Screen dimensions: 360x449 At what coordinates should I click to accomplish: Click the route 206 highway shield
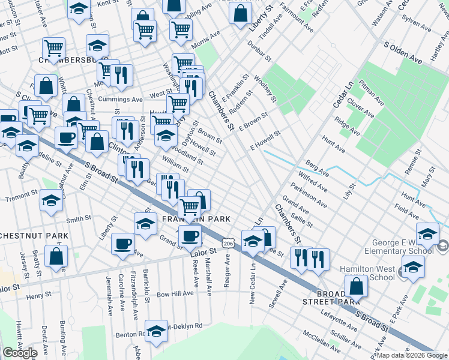tap(227, 243)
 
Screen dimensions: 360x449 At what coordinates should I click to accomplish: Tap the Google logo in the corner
tap(20, 353)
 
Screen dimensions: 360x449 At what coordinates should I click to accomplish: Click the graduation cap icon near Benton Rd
tap(156, 331)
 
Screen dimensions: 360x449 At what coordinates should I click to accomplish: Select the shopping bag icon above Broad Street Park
tap(357, 286)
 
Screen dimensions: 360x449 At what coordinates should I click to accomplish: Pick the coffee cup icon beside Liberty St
tap(122, 244)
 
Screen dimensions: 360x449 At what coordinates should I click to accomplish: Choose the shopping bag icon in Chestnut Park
tap(56, 256)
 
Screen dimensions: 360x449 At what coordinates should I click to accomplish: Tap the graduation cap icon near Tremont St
tap(52, 201)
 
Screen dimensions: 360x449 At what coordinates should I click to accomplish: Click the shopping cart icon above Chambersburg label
tap(54, 47)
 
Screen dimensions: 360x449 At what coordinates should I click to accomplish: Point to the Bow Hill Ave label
tap(176, 293)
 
